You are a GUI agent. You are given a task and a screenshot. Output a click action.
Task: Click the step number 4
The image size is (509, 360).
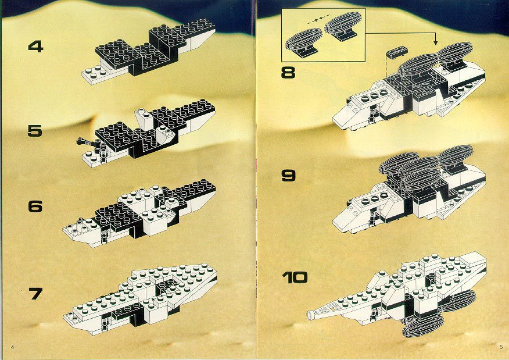[35, 47]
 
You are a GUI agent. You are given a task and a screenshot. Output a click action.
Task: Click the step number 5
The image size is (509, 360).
[35, 131]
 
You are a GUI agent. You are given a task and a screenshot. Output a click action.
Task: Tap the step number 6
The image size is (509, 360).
[35, 206]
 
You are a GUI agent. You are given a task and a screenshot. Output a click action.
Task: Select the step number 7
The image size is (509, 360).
[35, 294]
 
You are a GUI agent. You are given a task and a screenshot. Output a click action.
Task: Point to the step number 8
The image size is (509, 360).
[288, 73]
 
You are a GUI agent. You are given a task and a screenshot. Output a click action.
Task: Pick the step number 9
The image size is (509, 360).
[288, 176]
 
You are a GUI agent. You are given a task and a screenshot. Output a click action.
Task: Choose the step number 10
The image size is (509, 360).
[295, 277]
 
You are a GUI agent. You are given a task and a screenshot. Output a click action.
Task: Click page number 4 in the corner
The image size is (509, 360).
[12, 347]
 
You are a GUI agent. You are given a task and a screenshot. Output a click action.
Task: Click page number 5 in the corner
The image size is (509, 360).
[501, 347]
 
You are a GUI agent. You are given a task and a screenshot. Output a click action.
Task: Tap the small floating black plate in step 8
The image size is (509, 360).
[397, 52]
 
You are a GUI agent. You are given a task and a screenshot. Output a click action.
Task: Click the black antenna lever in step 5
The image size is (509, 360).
[87, 142]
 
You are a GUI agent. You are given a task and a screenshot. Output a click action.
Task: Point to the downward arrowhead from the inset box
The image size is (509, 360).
[435, 42]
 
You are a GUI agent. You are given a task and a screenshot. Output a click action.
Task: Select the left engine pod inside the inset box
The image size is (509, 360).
[304, 41]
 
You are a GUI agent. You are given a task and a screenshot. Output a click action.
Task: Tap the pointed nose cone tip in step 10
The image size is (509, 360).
[310, 314]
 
